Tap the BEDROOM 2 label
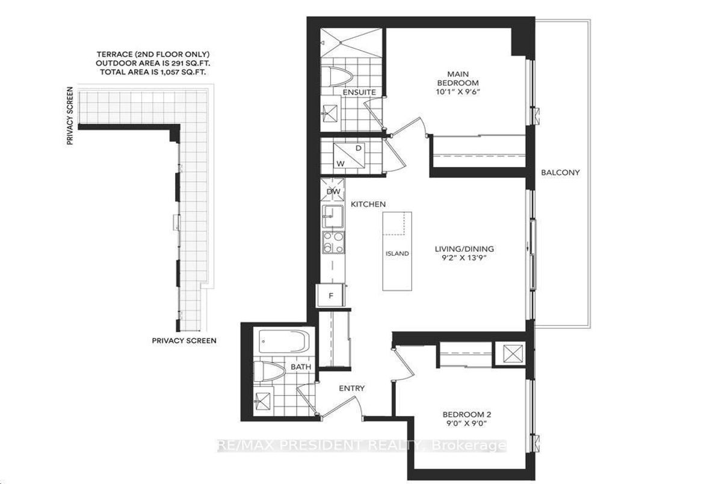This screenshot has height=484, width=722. (x=464, y=415)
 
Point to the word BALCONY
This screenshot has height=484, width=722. (x=560, y=173)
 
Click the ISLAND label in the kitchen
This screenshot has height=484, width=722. (x=397, y=254)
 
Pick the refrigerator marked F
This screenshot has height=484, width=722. (x=331, y=295)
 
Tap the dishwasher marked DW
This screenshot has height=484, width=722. (x=333, y=192)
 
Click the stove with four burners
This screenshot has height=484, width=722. (x=333, y=244)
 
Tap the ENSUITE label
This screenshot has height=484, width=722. (x=359, y=92)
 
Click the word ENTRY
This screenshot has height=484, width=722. (x=351, y=388)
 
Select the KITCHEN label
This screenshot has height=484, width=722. (x=368, y=204)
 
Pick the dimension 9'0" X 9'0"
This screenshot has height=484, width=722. (x=464, y=424)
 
